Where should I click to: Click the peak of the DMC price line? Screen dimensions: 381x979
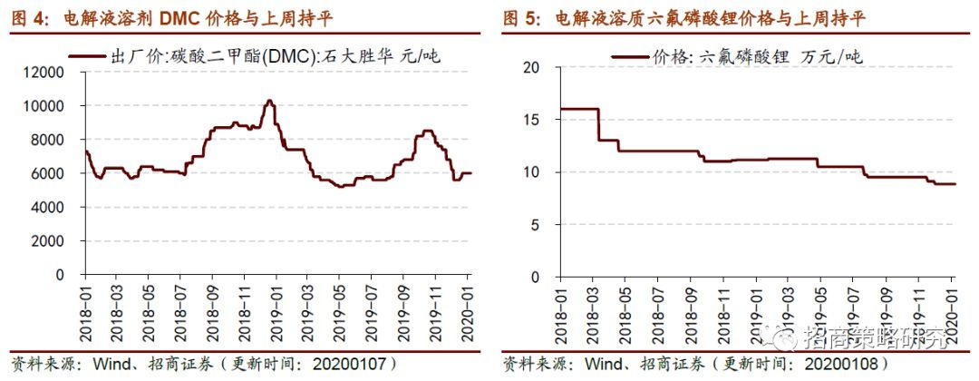point(269,101)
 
